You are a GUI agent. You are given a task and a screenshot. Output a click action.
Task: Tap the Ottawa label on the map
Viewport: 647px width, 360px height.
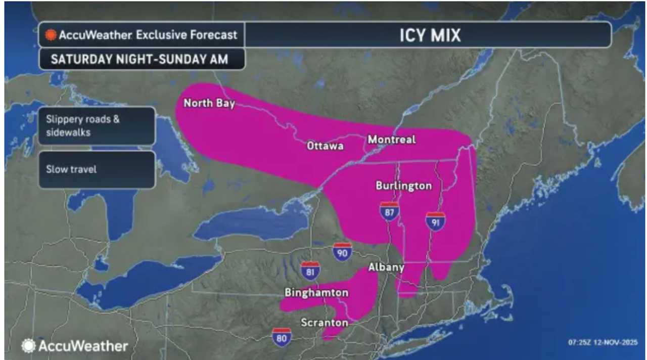(x=325, y=146)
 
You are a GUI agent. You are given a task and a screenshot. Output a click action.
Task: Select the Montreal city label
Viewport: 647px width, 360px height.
(x=392, y=139)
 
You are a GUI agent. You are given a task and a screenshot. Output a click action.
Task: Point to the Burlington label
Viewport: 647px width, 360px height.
(x=403, y=186)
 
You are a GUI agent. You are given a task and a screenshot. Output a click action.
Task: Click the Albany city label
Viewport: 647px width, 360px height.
(x=386, y=267)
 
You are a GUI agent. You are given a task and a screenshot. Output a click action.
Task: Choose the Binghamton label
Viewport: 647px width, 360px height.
(x=316, y=292)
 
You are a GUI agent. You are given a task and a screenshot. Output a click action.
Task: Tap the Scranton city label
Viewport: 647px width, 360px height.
(x=324, y=323)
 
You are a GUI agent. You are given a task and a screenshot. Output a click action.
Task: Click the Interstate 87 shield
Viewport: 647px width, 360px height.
(x=389, y=212)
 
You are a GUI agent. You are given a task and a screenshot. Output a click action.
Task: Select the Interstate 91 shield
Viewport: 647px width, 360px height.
(x=435, y=221)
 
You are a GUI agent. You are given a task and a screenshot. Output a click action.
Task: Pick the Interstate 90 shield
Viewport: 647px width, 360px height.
(x=342, y=252)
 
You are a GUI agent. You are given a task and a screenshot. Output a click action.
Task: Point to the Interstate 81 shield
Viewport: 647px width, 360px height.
(x=310, y=271)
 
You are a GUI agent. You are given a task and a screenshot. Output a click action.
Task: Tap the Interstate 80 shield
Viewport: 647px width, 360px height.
(x=281, y=337)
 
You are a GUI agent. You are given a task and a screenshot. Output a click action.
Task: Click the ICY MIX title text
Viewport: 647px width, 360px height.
(x=428, y=35)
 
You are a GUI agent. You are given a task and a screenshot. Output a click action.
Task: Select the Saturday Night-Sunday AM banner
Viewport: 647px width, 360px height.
(x=139, y=59)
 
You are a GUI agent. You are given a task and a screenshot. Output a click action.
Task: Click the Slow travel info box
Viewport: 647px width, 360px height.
(x=96, y=169)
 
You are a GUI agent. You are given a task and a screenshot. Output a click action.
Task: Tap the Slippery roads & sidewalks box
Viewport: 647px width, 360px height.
(x=96, y=126)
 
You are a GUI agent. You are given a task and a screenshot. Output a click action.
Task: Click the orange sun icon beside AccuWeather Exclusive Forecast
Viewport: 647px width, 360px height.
(x=50, y=35)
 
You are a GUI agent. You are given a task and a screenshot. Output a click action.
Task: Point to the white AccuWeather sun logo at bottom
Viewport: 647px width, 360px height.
(x=28, y=346)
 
